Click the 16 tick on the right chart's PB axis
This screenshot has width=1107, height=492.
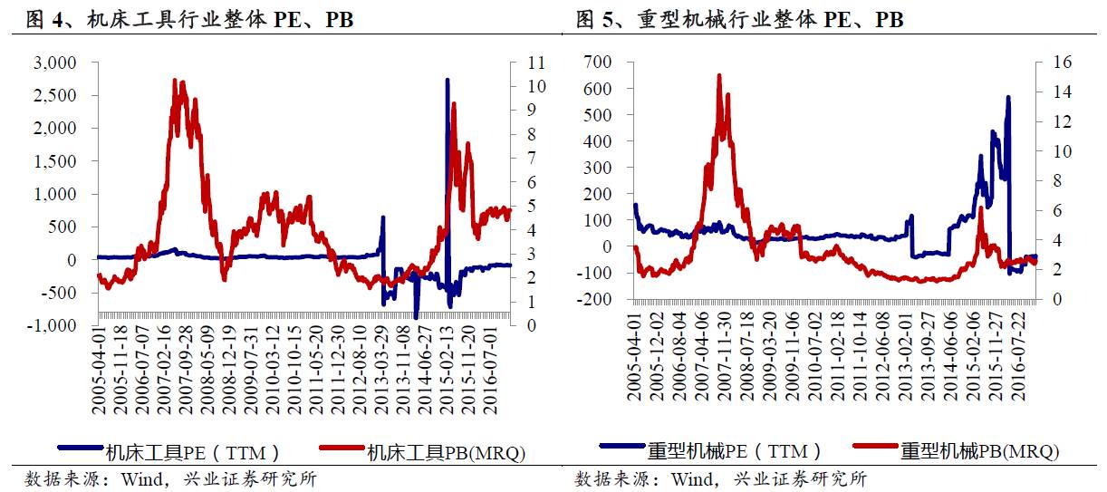(x=1062, y=62)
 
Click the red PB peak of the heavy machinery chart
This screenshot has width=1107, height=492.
(x=719, y=76)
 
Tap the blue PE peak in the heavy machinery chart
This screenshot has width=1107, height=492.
(x=1008, y=98)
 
